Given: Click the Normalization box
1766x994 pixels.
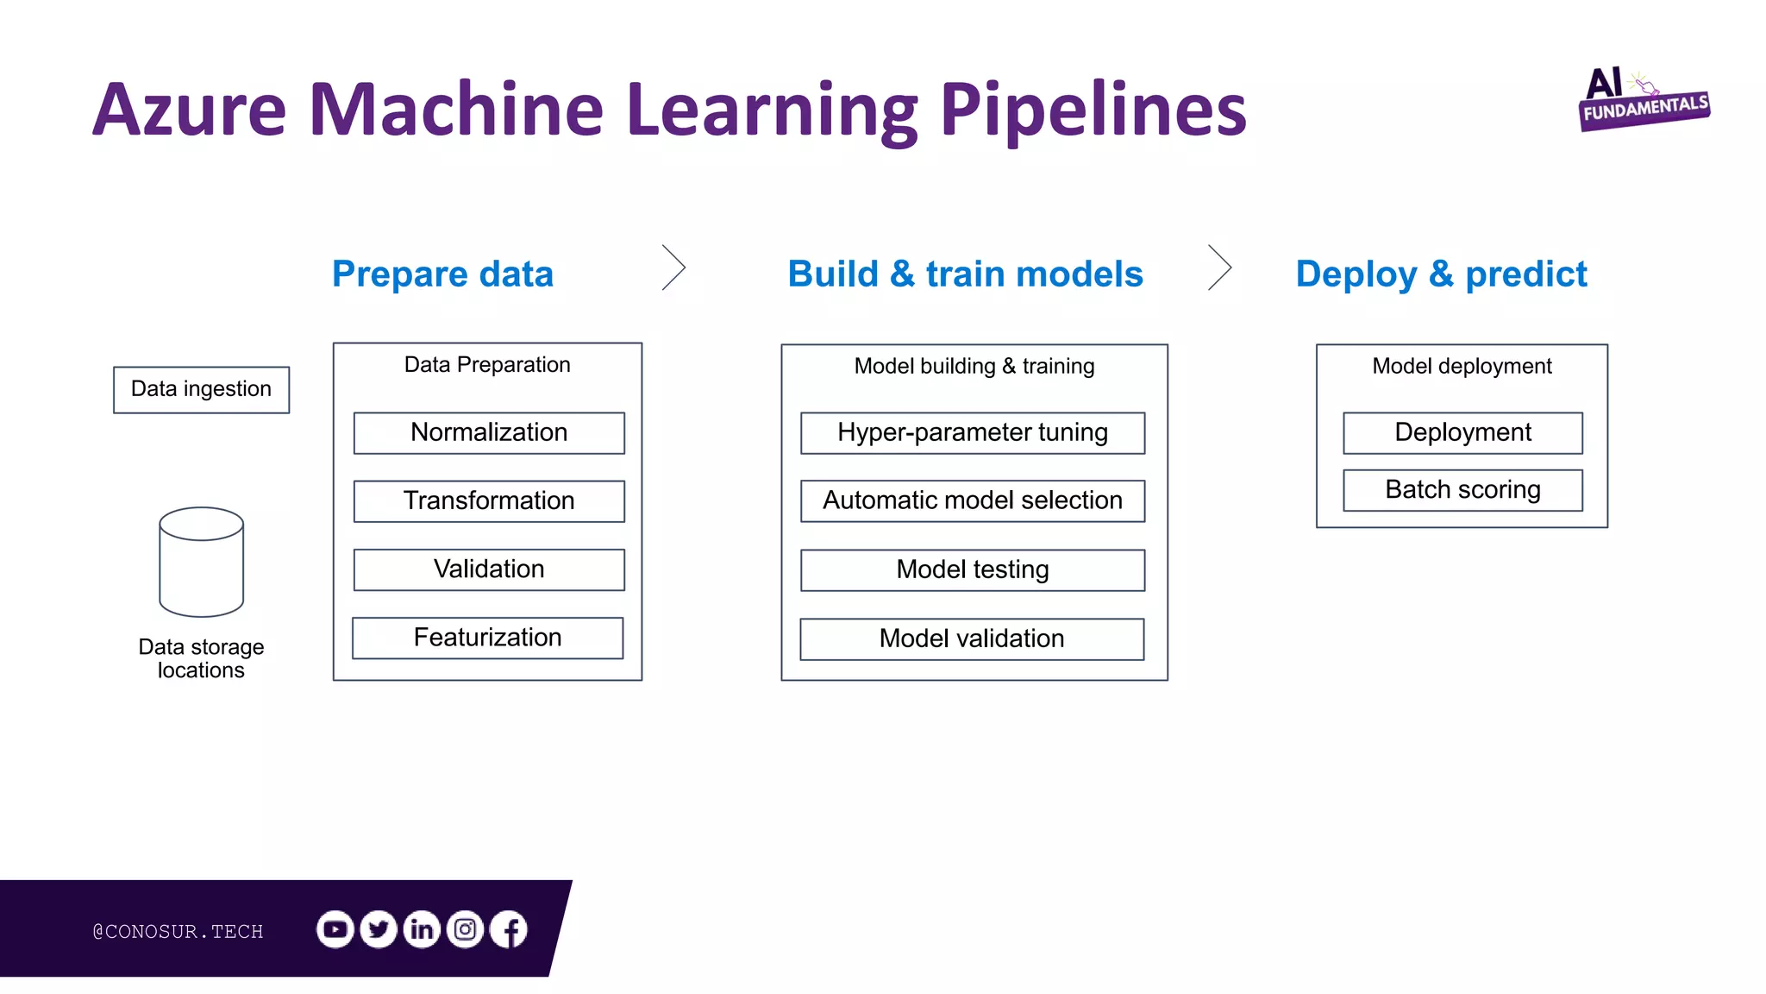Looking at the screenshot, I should click(x=489, y=432).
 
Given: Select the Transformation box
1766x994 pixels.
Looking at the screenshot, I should click(x=489, y=500).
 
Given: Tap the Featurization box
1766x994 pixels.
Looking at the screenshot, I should click(x=487, y=638).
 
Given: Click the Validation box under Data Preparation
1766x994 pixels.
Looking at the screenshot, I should click(x=489, y=569).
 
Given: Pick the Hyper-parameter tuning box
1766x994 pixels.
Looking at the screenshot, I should click(x=973, y=432).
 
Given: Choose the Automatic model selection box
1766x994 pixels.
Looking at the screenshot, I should click(x=973, y=500).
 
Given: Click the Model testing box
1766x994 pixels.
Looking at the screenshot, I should click(x=973, y=569).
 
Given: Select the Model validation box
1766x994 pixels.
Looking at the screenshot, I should click(x=972, y=639).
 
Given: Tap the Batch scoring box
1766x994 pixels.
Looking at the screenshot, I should click(x=1462, y=490).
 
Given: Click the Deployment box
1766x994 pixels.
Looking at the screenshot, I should click(x=1462, y=432).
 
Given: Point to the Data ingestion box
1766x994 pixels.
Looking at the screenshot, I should click(x=201, y=389).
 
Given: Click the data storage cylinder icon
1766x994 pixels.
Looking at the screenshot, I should click(x=202, y=562).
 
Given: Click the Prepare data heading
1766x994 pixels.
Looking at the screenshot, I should click(x=442, y=274).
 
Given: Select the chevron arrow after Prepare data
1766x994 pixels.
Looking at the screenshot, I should click(x=674, y=267).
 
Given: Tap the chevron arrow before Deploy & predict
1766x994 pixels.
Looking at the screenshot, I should click(x=1220, y=267).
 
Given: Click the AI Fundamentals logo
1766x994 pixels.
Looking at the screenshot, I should click(x=1643, y=100).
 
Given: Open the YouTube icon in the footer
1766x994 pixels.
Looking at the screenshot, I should click(x=335, y=929).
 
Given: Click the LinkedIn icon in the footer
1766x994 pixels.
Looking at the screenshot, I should click(x=422, y=929).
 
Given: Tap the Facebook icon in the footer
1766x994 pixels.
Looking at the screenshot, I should click(x=510, y=929).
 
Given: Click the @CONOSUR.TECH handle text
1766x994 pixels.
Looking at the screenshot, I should click(x=178, y=931).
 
